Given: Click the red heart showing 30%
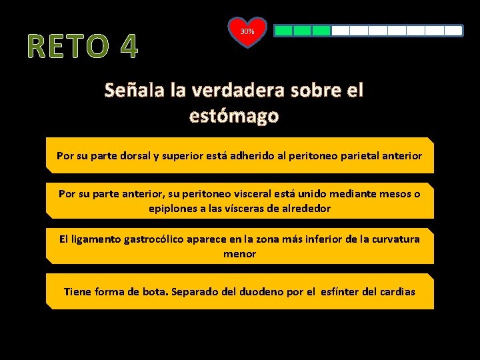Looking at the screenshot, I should pyautogui.click(x=247, y=32).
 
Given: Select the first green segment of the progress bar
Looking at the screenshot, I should pyautogui.click(x=284, y=31).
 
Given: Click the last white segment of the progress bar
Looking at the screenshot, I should pyautogui.click(x=453, y=31).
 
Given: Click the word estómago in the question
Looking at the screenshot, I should pyautogui.click(x=234, y=116).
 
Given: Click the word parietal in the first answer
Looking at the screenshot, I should pyautogui.click(x=359, y=156).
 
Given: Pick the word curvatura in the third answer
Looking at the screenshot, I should pyautogui.click(x=396, y=239).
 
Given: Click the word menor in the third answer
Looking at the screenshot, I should pyautogui.click(x=239, y=253).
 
